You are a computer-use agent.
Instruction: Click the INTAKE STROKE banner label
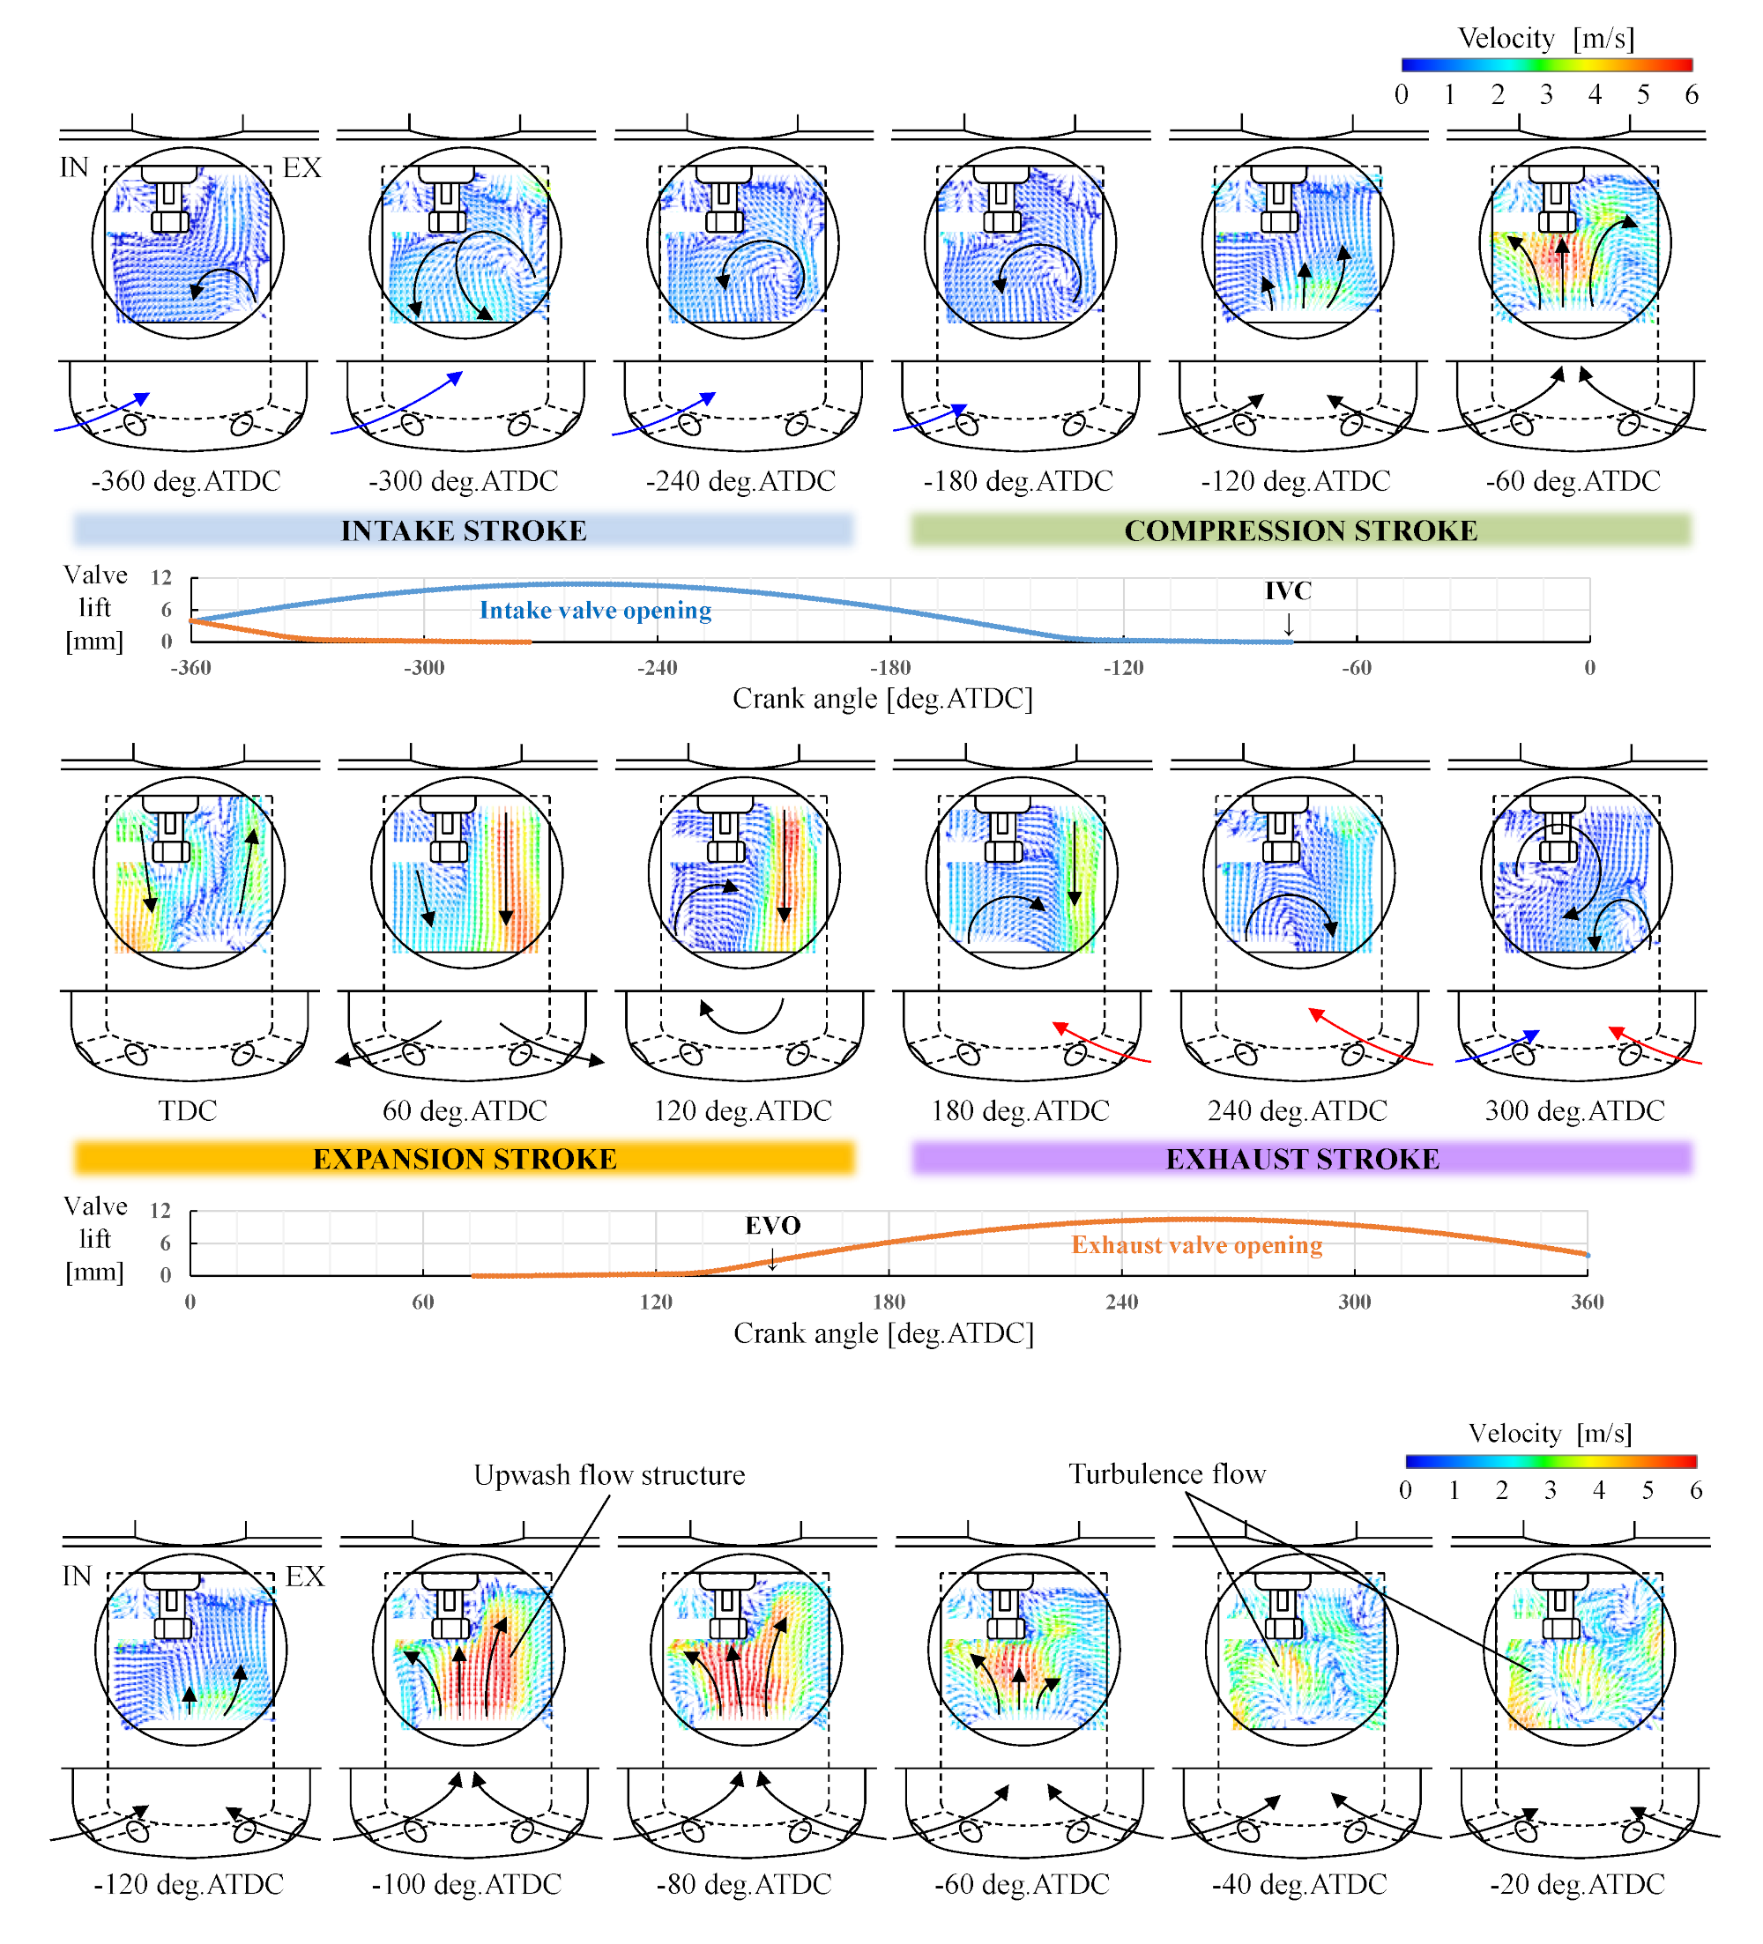pos(464,531)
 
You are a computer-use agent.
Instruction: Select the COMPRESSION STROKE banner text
pos(1300,531)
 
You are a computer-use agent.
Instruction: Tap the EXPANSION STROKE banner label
pos(464,1158)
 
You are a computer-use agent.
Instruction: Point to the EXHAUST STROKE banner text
pos(1302,1158)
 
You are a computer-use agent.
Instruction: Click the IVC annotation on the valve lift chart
pos(1288,591)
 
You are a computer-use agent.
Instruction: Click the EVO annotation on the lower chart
pos(772,1226)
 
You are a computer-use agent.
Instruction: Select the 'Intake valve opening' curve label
pos(595,611)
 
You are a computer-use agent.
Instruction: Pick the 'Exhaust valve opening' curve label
pos(1196,1245)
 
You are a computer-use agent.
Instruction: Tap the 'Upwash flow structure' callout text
pos(608,1474)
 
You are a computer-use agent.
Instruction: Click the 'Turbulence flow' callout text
pos(1166,1473)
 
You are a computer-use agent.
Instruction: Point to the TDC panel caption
pos(187,1111)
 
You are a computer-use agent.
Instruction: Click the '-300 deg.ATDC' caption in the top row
pos(463,481)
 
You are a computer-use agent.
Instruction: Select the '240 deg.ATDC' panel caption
pos(1298,1111)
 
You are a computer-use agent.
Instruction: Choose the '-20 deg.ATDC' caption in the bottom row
pos(1577,1884)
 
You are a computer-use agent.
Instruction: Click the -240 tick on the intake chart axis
pos(657,667)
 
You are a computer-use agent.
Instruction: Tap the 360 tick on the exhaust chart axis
pos(1587,1302)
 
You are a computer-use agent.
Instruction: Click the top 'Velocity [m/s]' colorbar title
pos(1545,39)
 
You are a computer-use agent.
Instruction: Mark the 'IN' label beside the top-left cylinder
pos(74,167)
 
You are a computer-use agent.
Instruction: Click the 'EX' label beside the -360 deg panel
pos(301,167)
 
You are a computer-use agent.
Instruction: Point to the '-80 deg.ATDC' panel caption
pos(744,1884)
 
